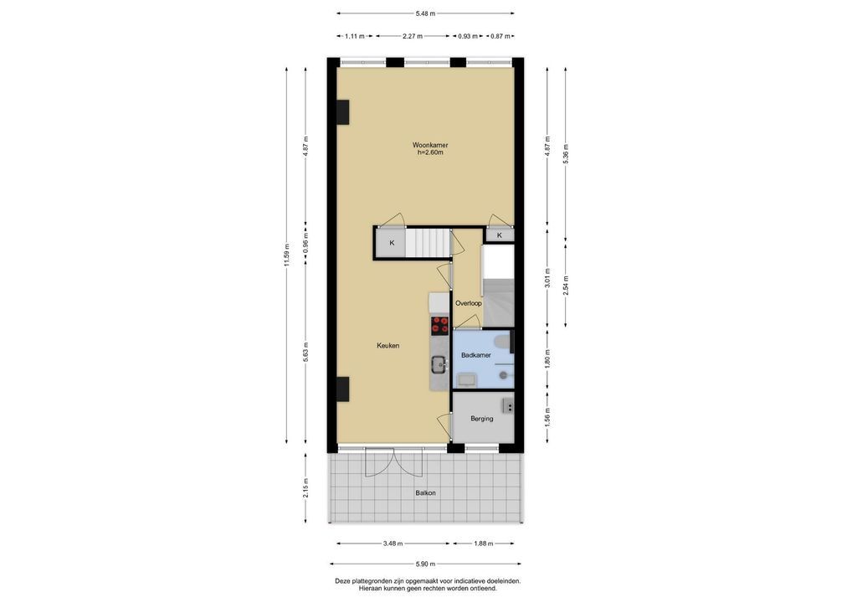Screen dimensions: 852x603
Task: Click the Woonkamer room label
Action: [x=430, y=145]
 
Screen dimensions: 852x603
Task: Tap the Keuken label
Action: [x=388, y=345]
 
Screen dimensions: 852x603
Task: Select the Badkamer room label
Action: [x=476, y=355]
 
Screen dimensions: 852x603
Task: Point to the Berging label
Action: [x=482, y=419]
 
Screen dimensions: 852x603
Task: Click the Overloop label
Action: [x=469, y=303]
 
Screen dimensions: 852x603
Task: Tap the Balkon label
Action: [x=425, y=493]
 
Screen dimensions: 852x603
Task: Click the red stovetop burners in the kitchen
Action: [x=439, y=325]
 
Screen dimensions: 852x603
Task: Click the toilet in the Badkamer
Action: [x=503, y=342]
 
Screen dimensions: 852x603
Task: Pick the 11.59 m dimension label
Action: [x=287, y=255]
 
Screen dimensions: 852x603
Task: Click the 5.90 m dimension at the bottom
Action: [x=425, y=564]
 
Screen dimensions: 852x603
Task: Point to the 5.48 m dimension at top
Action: [x=425, y=13]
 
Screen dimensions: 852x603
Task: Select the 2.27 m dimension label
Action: [x=413, y=36]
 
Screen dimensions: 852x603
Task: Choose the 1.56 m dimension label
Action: [x=547, y=417]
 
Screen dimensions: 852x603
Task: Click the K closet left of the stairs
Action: [x=392, y=243]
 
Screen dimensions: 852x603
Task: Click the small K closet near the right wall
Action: [x=500, y=235]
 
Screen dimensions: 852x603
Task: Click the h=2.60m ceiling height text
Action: [x=430, y=152]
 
